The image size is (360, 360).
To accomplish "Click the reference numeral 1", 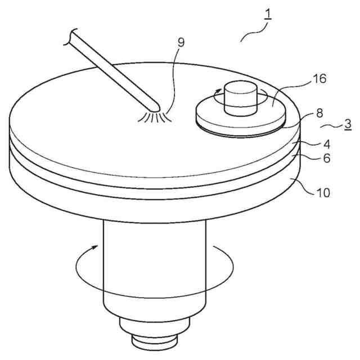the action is (268, 14).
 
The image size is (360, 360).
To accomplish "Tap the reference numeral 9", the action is (181, 42).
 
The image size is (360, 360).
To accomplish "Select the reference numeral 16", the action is (319, 79).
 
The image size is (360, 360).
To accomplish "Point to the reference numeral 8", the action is (319, 114).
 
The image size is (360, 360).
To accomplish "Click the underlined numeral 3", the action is (348, 124).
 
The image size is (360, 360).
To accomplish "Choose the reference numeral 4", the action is (326, 145).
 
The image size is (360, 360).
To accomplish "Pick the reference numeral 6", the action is (326, 158).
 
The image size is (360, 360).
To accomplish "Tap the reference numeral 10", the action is (323, 193).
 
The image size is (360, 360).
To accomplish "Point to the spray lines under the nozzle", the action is (154, 117).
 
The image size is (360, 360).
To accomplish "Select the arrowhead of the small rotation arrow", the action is (217, 91).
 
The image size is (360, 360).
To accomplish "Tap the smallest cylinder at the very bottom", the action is (155, 343).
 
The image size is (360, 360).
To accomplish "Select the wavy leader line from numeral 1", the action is (254, 31).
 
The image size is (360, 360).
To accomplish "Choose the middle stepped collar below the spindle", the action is (155, 326).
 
